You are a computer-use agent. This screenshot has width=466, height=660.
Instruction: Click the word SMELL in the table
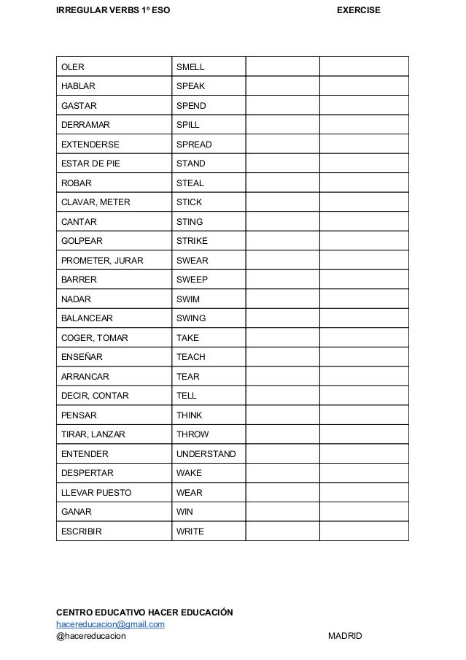click(x=190, y=67)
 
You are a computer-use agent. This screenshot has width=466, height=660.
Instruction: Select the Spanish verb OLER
click(x=72, y=67)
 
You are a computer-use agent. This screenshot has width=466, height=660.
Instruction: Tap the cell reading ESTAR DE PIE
click(x=92, y=164)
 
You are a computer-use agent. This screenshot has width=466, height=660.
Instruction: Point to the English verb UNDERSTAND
click(x=206, y=454)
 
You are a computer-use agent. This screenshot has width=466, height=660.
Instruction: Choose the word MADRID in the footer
click(x=345, y=637)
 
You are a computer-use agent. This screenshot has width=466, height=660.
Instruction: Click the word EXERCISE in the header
click(x=358, y=12)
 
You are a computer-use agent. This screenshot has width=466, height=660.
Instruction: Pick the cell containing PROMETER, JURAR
click(x=101, y=261)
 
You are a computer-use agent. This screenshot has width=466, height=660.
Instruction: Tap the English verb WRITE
click(x=190, y=532)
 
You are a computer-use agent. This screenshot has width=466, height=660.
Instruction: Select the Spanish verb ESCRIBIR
click(x=81, y=532)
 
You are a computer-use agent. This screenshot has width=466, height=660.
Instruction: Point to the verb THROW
click(x=193, y=434)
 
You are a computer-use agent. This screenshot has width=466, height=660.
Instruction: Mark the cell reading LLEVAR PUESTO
click(x=96, y=493)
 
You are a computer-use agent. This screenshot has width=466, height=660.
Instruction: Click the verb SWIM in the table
click(x=188, y=299)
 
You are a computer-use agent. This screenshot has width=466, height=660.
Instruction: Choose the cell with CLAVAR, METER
click(x=95, y=202)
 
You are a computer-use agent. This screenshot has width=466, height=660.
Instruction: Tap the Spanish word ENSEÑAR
click(x=82, y=357)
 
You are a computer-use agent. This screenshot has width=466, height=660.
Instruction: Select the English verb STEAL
click(x=190, y=183)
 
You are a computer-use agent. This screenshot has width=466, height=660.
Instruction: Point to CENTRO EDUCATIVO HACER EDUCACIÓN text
click(x=144, y=611)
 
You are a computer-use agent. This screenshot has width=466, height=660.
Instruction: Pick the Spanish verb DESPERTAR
click(x=87, y=473)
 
